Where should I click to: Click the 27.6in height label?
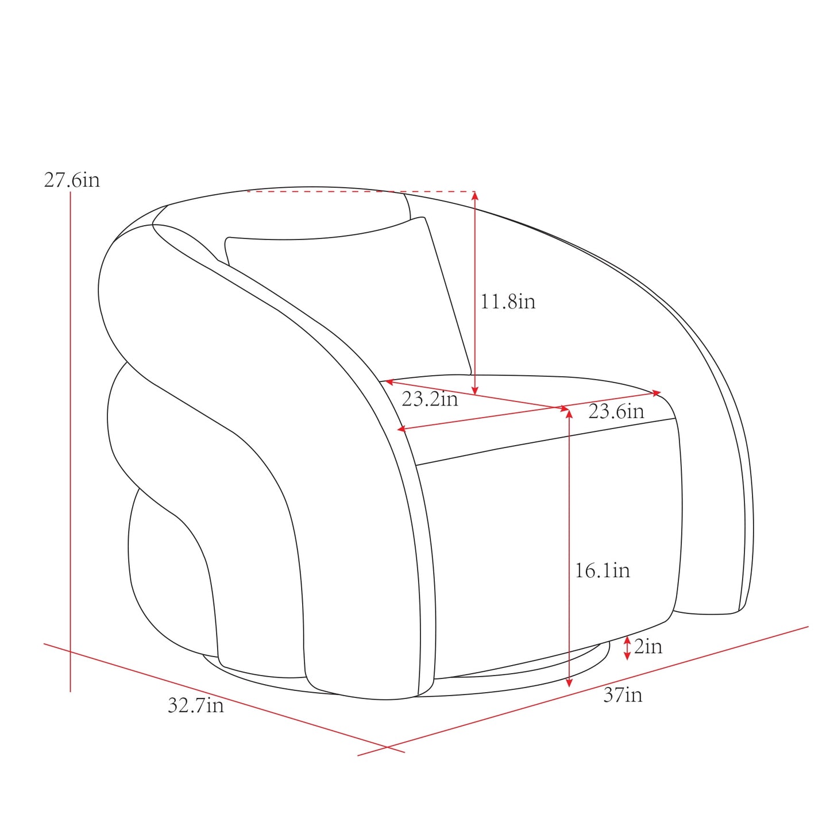pos(72,180)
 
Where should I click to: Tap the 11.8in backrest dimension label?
pos(508,301)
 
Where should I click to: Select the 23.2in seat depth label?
pos(430,399)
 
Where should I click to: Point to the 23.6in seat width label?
pos(616,411)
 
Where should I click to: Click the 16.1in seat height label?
pos(603,570)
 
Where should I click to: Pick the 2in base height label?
pos(648,646)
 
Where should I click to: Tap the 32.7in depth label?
pos(196,705)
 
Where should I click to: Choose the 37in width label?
pos(623,695)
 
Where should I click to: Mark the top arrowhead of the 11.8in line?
pos(474,195)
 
